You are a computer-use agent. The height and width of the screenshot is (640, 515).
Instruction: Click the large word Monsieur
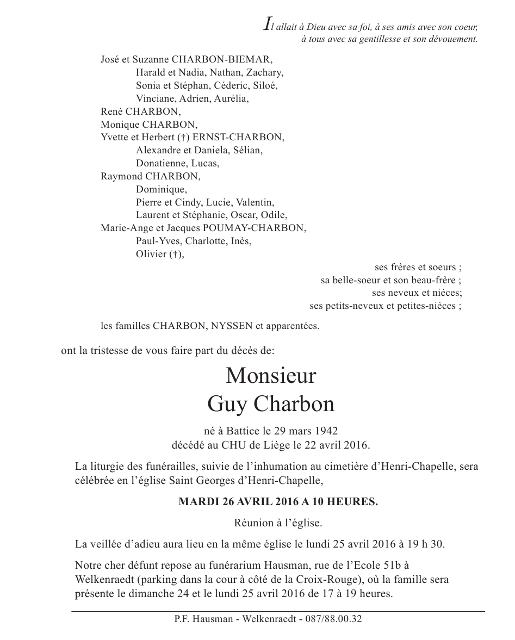point(270,376)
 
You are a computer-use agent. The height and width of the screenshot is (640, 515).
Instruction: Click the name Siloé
point(265,85)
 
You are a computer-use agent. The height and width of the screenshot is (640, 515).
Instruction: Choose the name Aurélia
point(232,98)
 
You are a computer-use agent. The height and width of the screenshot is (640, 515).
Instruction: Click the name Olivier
point(151,254)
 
